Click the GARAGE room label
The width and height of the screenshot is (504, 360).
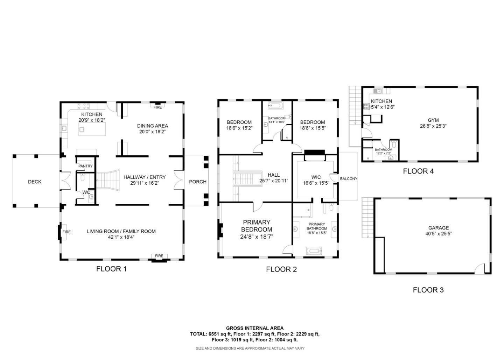pos(438,228)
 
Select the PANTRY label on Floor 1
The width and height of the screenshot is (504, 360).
pos(85,166)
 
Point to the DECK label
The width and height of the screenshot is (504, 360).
pos(35,182)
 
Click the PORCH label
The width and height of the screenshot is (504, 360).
pos(197,182)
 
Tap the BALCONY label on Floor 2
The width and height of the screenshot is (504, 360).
pos(349,179)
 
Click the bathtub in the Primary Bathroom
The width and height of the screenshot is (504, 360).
pos(314,250)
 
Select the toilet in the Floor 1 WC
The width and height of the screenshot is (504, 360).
pos(83,178)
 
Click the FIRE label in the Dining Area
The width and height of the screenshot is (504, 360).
pos(158,107)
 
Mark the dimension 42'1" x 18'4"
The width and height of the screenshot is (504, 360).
pos(121,237)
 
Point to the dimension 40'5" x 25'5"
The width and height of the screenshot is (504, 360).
pos(438,234)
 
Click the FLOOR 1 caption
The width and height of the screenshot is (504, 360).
pos(111,269)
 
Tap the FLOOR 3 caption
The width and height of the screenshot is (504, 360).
pos(428,290)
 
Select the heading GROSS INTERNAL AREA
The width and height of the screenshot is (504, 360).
pos(255,328)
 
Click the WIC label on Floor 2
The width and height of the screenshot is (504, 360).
pos(316,177)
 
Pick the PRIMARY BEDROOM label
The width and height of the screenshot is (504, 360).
pos(257,226)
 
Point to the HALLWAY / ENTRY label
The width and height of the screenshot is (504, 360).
pos(145,177)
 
